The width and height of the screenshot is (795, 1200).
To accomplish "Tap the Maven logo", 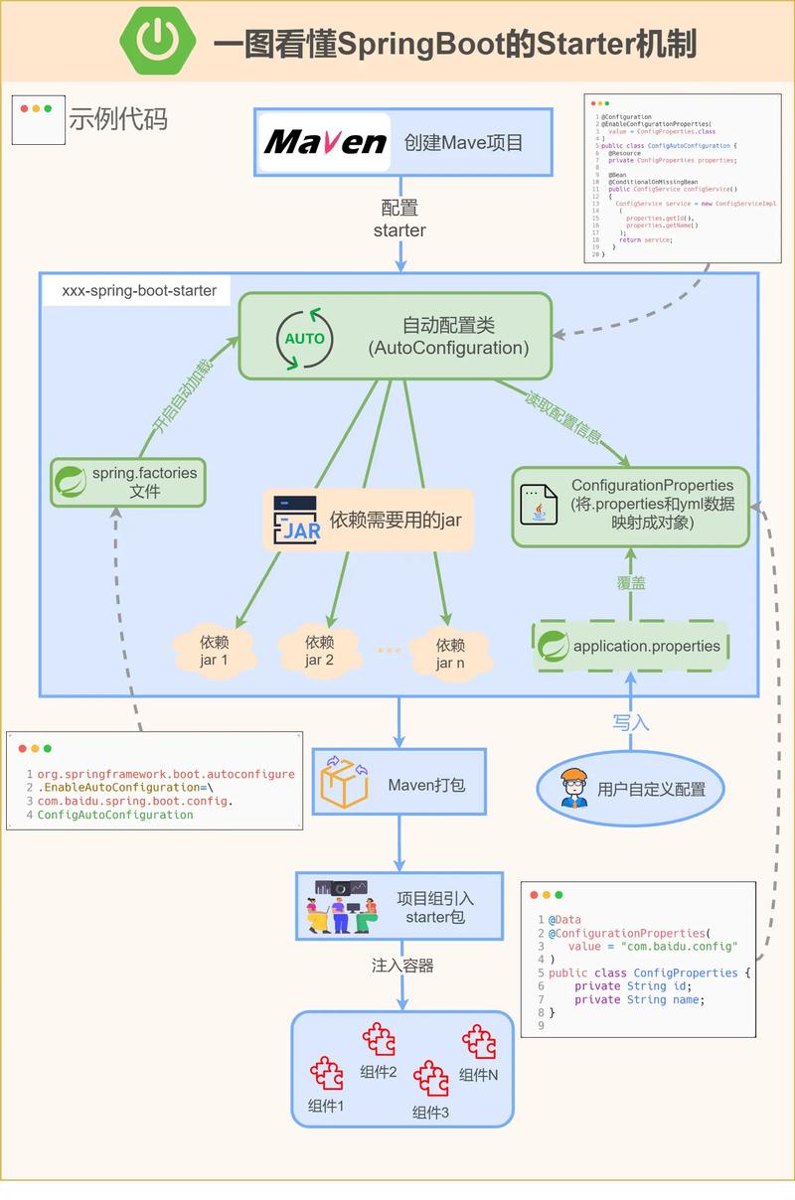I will tap(325, 142).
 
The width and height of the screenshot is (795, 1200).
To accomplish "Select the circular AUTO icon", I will tap(304, 338).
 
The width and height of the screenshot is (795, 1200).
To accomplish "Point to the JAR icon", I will tap(296, 519).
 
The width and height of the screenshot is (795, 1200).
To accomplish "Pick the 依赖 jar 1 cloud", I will tap(214, 650).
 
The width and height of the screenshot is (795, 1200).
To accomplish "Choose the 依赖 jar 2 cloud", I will tap(319, 650).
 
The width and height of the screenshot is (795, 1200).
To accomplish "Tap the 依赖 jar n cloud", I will tap(450, 653).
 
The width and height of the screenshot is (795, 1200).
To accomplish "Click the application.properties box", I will tap(631, 646).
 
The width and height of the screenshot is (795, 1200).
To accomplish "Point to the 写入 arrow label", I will tap(630, 722).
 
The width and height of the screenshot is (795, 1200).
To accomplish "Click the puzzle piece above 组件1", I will tap(326, 1073).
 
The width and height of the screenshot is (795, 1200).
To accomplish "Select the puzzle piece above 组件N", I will tap(479, 1042).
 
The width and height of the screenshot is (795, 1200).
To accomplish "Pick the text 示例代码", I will tap(117, 119).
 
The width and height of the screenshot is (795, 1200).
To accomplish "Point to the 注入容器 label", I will tap(401, 965).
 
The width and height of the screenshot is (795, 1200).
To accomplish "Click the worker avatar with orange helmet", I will tap(573, 788).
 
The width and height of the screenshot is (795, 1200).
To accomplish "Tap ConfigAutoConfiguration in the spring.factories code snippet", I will tap(115, 814).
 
